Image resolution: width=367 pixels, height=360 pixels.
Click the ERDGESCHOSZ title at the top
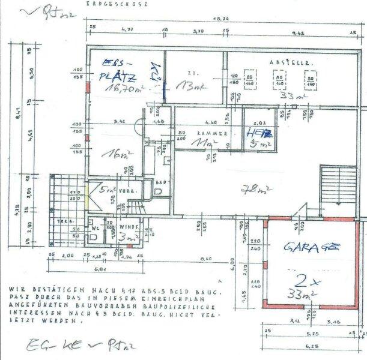(x=118, y=4)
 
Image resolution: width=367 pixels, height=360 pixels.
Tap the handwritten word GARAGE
(x=312, y=247)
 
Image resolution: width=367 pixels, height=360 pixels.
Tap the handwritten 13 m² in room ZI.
(x=193, y=88)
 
